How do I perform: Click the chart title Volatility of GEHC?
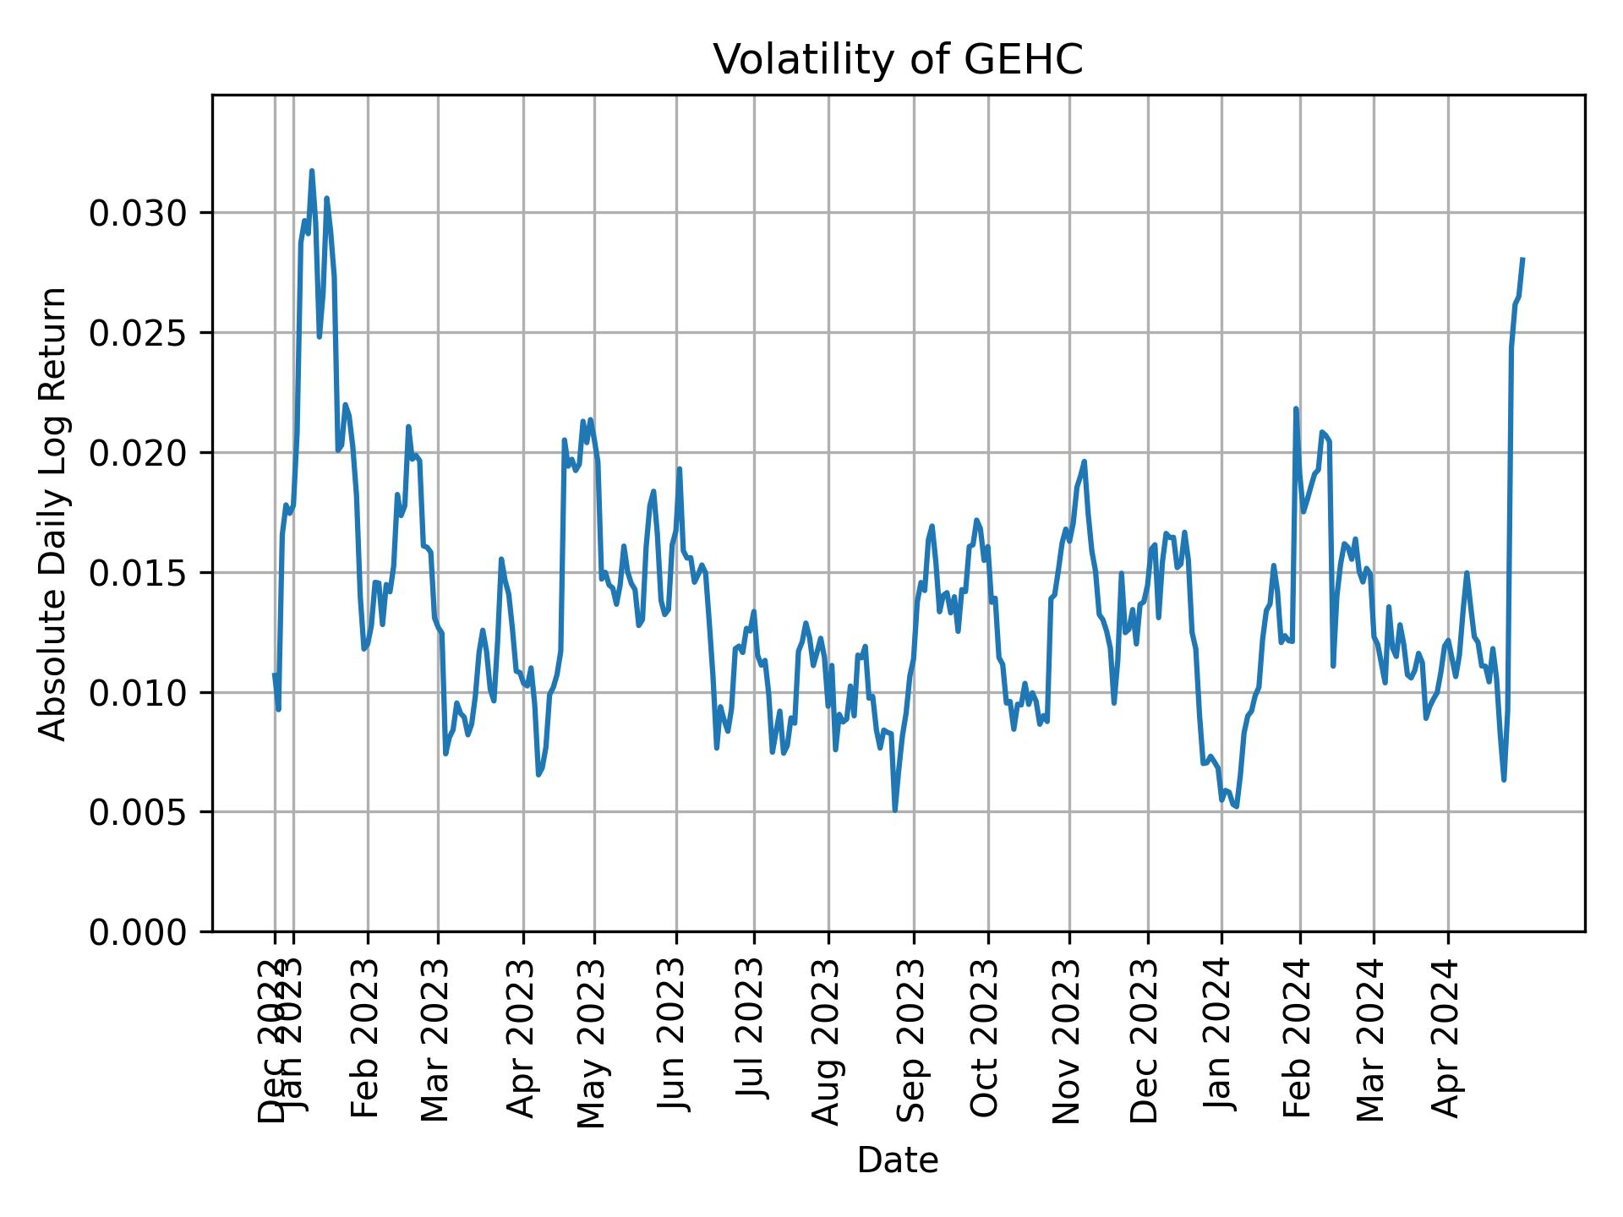click(898, 60)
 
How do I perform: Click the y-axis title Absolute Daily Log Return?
click(54, 513)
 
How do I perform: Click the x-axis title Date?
click(898, 1160)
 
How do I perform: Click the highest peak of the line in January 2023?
click(312, 171)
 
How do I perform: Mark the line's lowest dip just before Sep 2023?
click(895, 810)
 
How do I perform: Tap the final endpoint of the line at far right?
click(1522, 259)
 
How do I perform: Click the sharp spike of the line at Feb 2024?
click(1296, 409)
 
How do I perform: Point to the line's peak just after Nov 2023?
click(1085, 461)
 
